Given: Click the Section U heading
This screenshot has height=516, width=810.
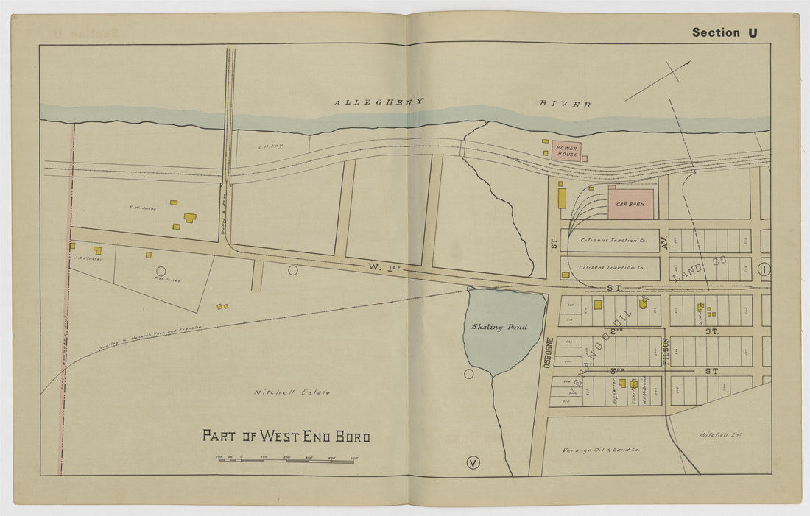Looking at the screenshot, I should click(725, 32).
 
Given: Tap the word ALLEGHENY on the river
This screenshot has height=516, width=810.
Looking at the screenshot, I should click(378, 102).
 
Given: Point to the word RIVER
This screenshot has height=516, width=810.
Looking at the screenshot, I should click(566, 105).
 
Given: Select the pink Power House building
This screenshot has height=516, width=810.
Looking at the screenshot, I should click(567, 152).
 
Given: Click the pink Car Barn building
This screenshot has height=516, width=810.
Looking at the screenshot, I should click(630, 203).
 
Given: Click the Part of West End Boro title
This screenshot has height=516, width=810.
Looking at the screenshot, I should click(286, 436).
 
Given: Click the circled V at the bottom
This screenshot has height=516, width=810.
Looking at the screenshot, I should click(473, 462).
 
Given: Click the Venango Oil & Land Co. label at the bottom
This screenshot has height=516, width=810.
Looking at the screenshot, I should click(601, 449).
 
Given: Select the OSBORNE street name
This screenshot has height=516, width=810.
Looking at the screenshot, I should click(549, 354).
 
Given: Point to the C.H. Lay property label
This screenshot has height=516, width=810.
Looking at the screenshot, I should click(270, 146).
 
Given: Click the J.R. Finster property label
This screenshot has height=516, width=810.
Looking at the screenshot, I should click(88, 259).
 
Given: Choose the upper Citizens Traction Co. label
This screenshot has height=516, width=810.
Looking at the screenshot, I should click(613, 240).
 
